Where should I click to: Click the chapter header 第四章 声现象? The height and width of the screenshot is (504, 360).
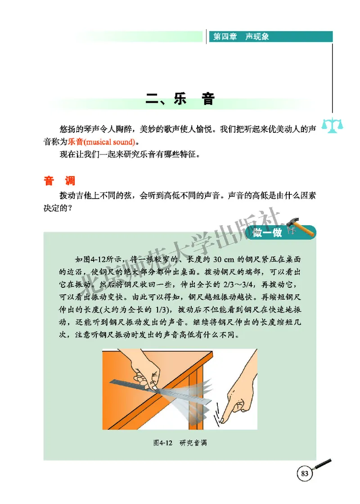[241, 37]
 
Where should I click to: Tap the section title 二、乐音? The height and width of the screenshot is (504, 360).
[180, 100]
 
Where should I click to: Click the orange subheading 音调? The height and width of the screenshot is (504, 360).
[59, 181]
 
